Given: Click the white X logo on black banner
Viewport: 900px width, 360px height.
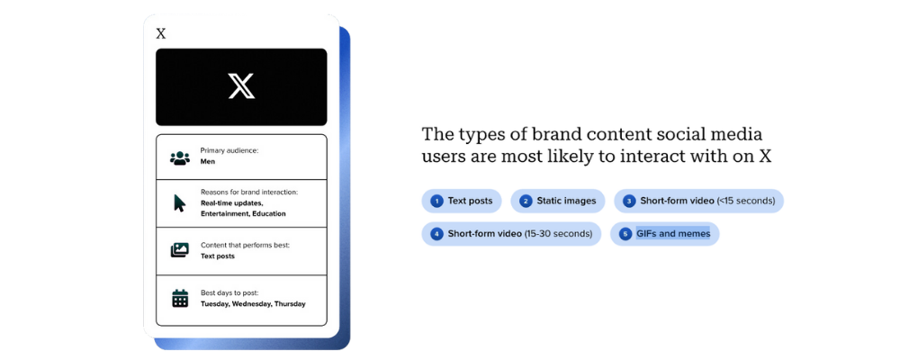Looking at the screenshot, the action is pyautogui.click(x=241, y=86).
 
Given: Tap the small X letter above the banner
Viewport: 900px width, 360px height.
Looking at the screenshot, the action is pyautogui.click(x=161, y=34).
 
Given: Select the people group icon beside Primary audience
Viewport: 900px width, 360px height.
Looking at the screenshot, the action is pyautogui.click(x=180, y=157).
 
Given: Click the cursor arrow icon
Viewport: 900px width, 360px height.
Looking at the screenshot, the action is pyautogui.click(x=180, y=203).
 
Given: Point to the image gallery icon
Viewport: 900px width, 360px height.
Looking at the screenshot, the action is pyautogui.click(x=180, y=250).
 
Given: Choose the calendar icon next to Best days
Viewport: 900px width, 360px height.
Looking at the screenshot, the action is pyautogui.click(x=180, y=298).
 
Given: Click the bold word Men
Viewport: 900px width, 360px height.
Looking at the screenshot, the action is pyautogui.click(x=207, y=162).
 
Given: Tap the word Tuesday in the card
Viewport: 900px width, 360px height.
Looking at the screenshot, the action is pyautogui.click(x=215, y=303).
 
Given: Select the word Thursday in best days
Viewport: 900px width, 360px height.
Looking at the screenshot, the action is pyautogui.click(x=290, y=303).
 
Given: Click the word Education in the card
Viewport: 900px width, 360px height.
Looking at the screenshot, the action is pyautogui.click(x=267, y=213).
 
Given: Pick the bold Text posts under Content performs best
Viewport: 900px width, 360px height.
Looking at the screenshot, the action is pyautogui.click(x=218, y=256).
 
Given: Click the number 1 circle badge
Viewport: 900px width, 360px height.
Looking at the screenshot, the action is pyautogui.click(x=436, y=201).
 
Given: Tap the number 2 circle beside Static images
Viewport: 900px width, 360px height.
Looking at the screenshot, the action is pyautogui.click(x=526, y=201).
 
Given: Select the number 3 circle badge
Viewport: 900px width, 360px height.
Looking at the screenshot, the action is pyautogui.click(x=629, y=201).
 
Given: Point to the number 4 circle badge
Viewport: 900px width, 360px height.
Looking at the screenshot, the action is pyautogui.click(x=436, y=234).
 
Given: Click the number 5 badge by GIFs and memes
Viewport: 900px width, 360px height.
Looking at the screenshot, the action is pyautogui.click(x=625, y=234).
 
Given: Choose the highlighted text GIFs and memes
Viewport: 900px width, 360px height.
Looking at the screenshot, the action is pyautogui.click(x=672, y=234).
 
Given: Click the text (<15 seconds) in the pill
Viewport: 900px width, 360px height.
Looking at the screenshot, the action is pyautogui.click(x=745, y=201).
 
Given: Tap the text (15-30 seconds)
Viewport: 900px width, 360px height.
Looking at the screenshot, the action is pyautogui.click(x=559, y=234).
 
